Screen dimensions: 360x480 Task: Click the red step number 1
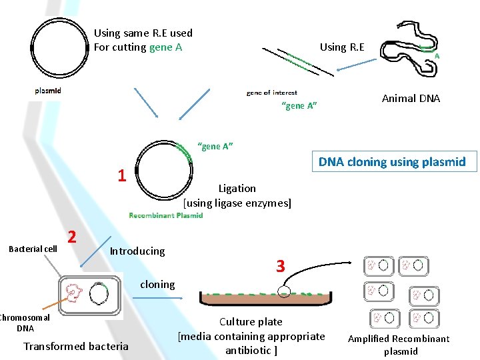(121, 176)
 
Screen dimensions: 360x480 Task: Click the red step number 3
(281, 267)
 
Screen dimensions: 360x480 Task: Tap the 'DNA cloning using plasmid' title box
(392, 162)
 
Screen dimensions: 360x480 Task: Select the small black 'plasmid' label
(48, 91)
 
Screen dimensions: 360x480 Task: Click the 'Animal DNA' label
(411, 99)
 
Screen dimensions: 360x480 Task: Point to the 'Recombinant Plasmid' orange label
(165, 215)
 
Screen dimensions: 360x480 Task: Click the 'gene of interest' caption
(271, 93)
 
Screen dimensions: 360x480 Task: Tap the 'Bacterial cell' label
(32, 249)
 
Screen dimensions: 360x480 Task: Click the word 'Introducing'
(137, 251)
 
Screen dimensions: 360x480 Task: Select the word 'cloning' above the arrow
(157, 284)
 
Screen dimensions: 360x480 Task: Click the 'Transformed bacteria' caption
(75, 346)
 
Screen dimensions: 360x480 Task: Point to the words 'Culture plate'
(251, 322)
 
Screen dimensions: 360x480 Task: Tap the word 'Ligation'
(237, 189)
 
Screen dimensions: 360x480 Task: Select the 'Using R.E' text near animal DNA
(342, 47)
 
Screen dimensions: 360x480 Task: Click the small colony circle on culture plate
(285, 291)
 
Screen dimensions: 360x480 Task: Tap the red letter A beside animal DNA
(437, 57)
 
